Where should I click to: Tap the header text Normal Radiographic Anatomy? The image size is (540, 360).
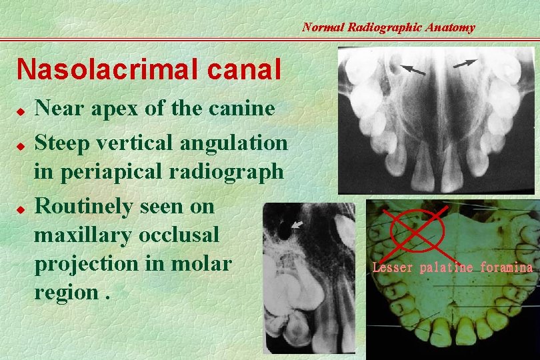[388, 27]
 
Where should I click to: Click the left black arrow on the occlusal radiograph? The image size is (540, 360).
[413, 69]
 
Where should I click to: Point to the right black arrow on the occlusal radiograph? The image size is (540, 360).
[465, 63]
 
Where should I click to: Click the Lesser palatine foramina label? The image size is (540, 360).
[452, 268]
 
